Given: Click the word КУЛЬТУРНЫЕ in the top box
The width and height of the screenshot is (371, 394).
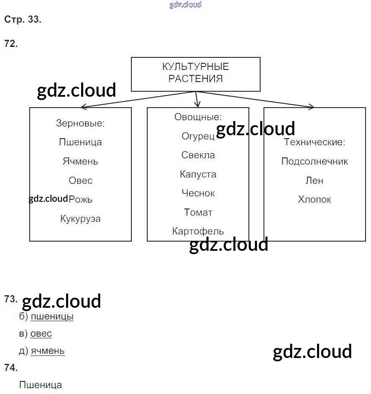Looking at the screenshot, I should click(195, 67).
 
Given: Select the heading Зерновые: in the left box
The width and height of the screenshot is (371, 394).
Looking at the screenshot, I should click(80, 124).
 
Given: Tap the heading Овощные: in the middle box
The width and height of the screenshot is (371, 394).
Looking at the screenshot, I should click(198, 117).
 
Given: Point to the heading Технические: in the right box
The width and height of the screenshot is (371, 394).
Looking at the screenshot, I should click(315, 142).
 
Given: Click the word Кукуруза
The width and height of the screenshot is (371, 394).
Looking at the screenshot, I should click(80, 219).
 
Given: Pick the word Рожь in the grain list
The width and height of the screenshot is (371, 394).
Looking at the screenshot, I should click(81, 199).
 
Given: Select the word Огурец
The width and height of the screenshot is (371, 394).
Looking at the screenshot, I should click(198, 136).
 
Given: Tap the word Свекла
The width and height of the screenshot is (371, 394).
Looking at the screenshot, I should click(198, 155).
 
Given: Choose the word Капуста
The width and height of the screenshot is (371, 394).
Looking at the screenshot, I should click(198, 174).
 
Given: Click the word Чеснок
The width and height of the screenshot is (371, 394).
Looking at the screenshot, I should click(198, 193).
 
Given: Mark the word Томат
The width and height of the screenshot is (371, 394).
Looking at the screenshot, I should click(198, 212).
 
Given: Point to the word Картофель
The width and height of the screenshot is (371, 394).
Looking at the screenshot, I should click(198, 231).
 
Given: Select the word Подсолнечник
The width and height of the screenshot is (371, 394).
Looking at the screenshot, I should click(315, 161).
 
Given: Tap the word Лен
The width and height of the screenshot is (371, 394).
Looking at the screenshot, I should click(315, 180).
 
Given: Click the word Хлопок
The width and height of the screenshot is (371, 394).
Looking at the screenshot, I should click(315, 199).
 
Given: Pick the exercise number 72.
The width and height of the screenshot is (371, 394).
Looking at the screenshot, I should click(11, 44).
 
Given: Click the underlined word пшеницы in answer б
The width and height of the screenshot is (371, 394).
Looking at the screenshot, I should click(52, 317).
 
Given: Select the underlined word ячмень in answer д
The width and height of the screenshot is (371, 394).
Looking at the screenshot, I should click(48, 351).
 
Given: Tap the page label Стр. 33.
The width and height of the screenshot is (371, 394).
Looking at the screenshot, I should click(23, 20).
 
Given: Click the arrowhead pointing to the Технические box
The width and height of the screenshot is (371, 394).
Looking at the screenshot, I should click(311, 107).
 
